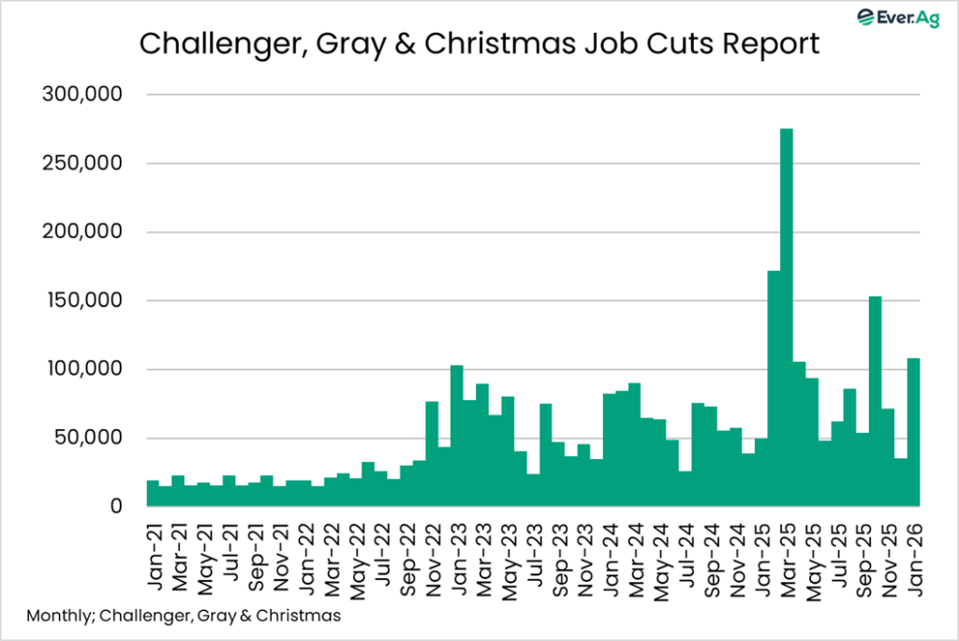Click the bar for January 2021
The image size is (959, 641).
click(153, 494)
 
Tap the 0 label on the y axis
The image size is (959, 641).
click(116, 506)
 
